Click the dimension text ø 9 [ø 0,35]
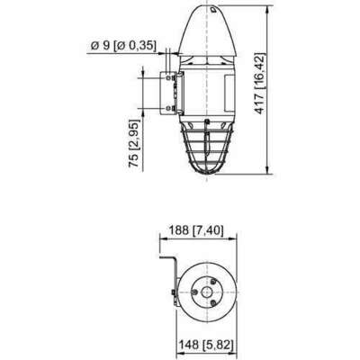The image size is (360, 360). pos(123,46)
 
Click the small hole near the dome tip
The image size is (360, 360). pos(213,10)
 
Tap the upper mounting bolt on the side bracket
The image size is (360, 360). pos(169,78)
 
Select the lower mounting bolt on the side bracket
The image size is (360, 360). pos(169,108)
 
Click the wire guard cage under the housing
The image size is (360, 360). pos(207,148)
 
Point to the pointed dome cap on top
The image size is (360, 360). pos(208,30)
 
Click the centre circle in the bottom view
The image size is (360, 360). pos(206,292)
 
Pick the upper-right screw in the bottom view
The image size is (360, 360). pos(213,282)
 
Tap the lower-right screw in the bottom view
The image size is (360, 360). pos(213,302)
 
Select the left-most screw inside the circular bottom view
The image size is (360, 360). pos(195,292)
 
